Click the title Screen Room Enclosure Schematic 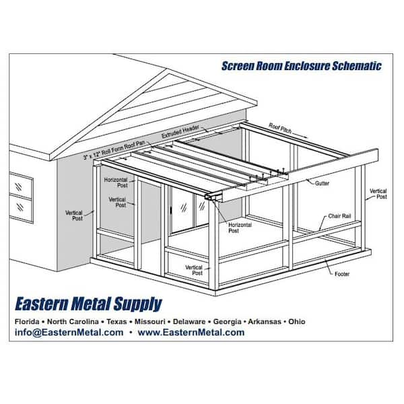coord(302,66)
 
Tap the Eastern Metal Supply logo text coord(89,304)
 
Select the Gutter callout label coord(322,183)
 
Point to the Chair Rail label coord(339,216)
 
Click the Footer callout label coord(342,274)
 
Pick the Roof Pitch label coord(280,129)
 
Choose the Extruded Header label coord(180,132)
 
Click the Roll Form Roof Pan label coord(114,150)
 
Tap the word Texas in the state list coord(116,322)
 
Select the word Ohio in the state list coord(297,322)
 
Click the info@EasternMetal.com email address coord(69,333)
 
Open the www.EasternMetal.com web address coord(191,333)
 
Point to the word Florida coord(27,322)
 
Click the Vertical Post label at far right coord(378,194)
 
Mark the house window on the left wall coord(21,197)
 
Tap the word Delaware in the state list coord(189,322)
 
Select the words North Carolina coord(73,322)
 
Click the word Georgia coord(228,322)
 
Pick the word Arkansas coord(265,322)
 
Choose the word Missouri coord(150,322)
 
